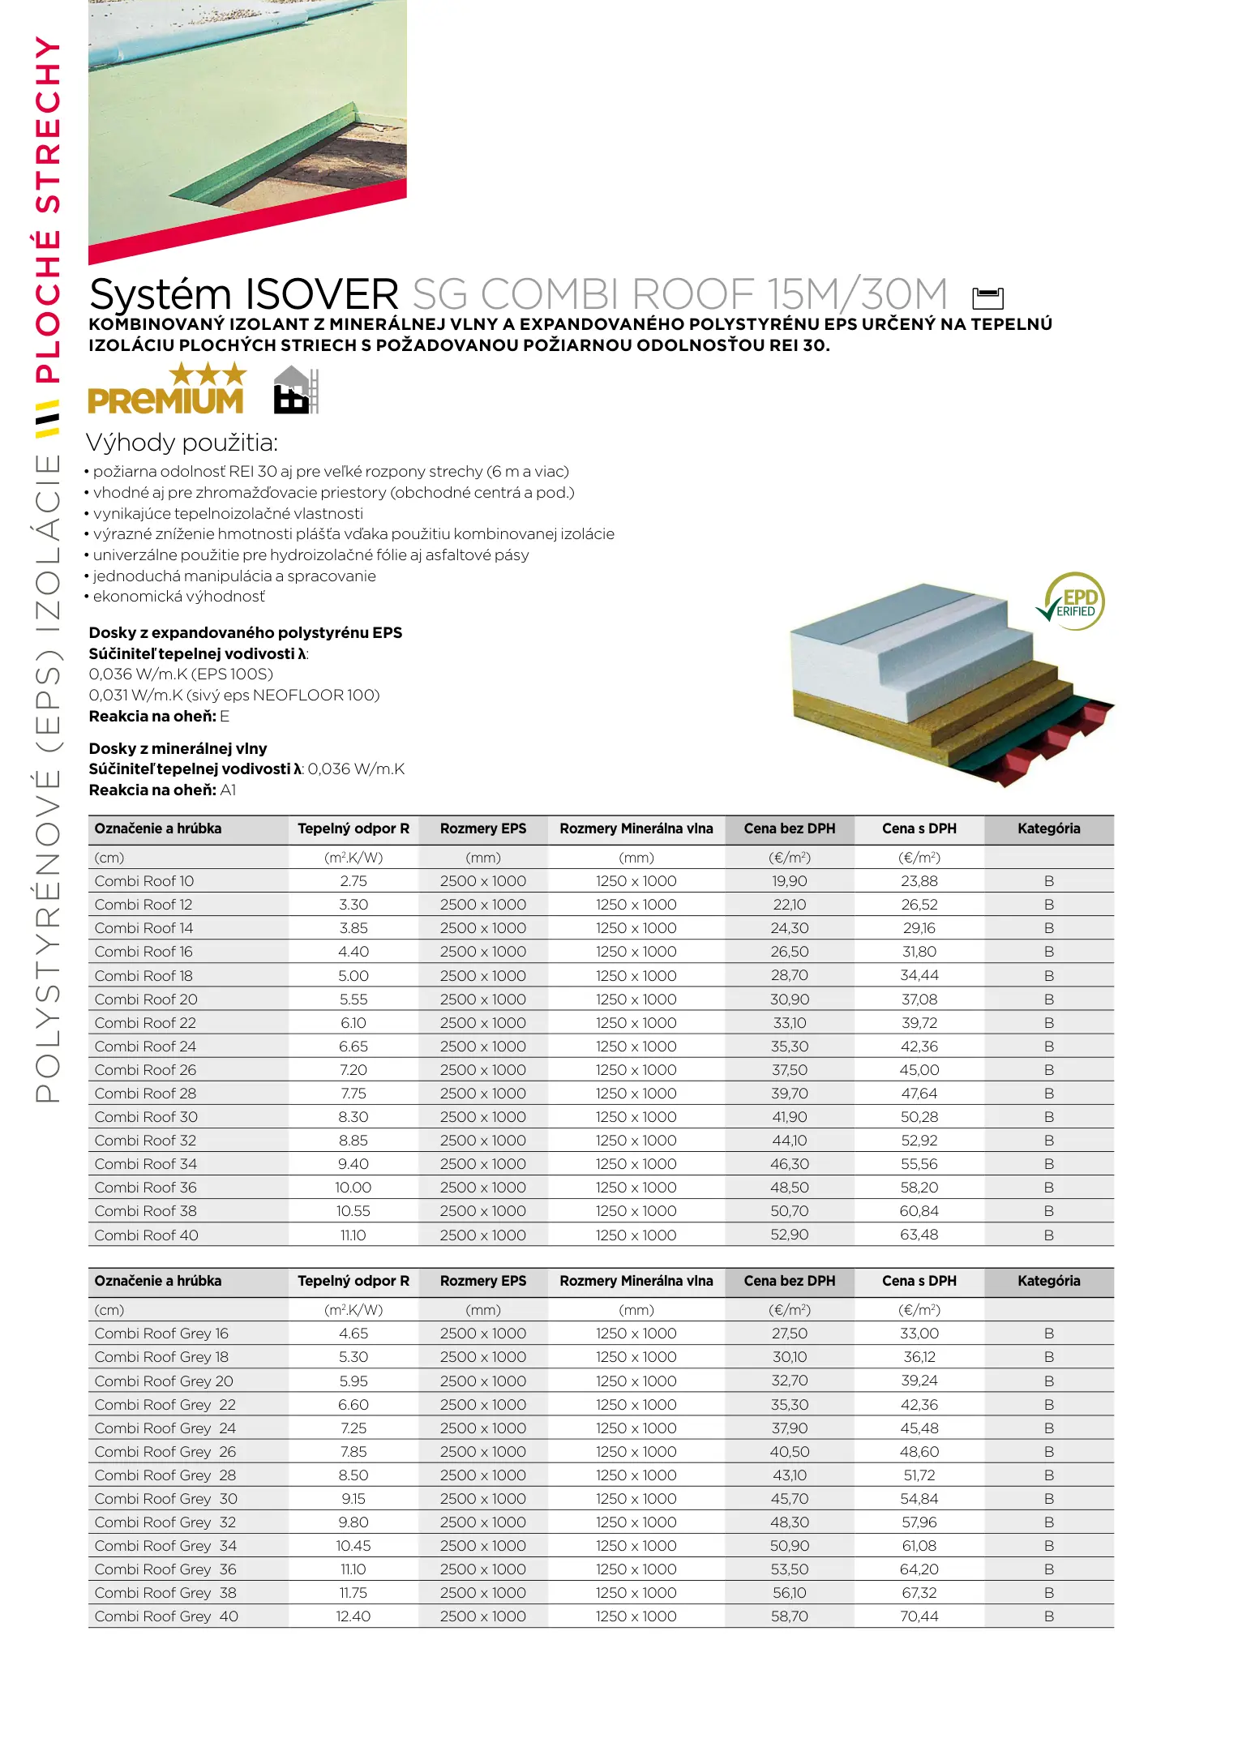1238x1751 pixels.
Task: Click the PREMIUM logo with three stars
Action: tap(165, 390)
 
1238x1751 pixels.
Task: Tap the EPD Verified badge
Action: tap(1073, 602)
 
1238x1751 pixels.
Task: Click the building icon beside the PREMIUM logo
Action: tap(295, 391)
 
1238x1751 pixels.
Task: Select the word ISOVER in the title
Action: tap(321, 294)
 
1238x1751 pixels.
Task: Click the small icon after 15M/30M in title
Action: tap(987, 298)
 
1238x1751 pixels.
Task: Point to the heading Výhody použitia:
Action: tap(182, 443)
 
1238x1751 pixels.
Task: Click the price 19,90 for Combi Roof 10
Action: tap(789, 881)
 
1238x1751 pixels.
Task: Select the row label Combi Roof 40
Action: tap(146, 1235)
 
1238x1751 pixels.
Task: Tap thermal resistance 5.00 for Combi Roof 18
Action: tap(353, 975)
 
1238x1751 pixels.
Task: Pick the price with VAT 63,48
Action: tap(919, 1235)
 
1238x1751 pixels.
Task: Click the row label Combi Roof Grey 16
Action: tap(161, 1333)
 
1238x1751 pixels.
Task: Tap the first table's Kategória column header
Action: tap(1048, 828)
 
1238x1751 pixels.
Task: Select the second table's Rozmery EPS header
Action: tap(482, 1281)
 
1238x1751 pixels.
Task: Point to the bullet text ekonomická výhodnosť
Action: tap(178, 597)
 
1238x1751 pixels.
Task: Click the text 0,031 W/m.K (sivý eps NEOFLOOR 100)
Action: tap(233, 695)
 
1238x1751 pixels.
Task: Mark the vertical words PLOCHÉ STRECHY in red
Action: tap(47, 211)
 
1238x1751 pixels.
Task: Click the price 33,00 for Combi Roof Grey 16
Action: tap(919, 1333)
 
